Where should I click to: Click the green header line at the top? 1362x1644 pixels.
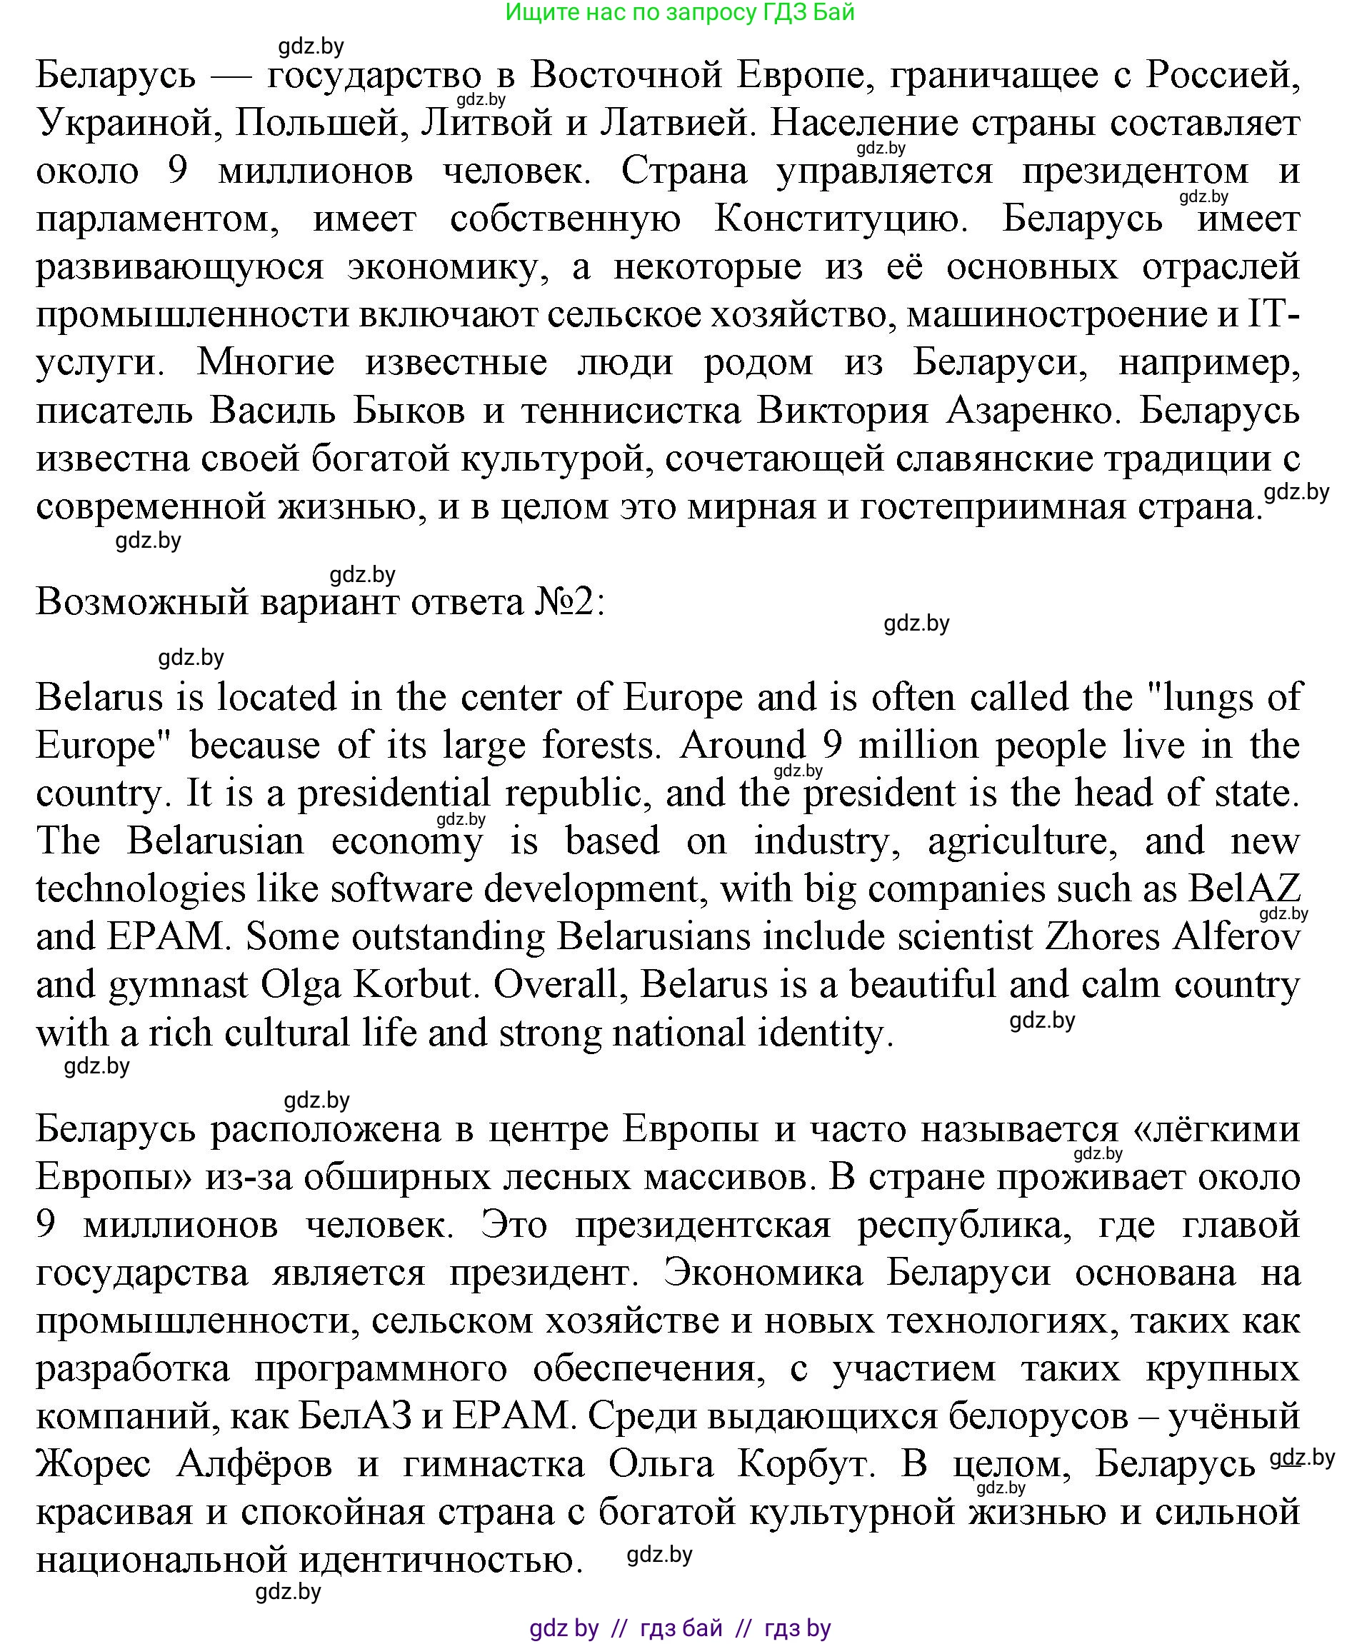(x=679, y=13)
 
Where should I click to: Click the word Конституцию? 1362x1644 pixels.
(x=841, y=220)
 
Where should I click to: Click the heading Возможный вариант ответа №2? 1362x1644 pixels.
(x=320, y=603)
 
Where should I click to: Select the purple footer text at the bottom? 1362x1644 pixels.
(x=679, y=1629)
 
